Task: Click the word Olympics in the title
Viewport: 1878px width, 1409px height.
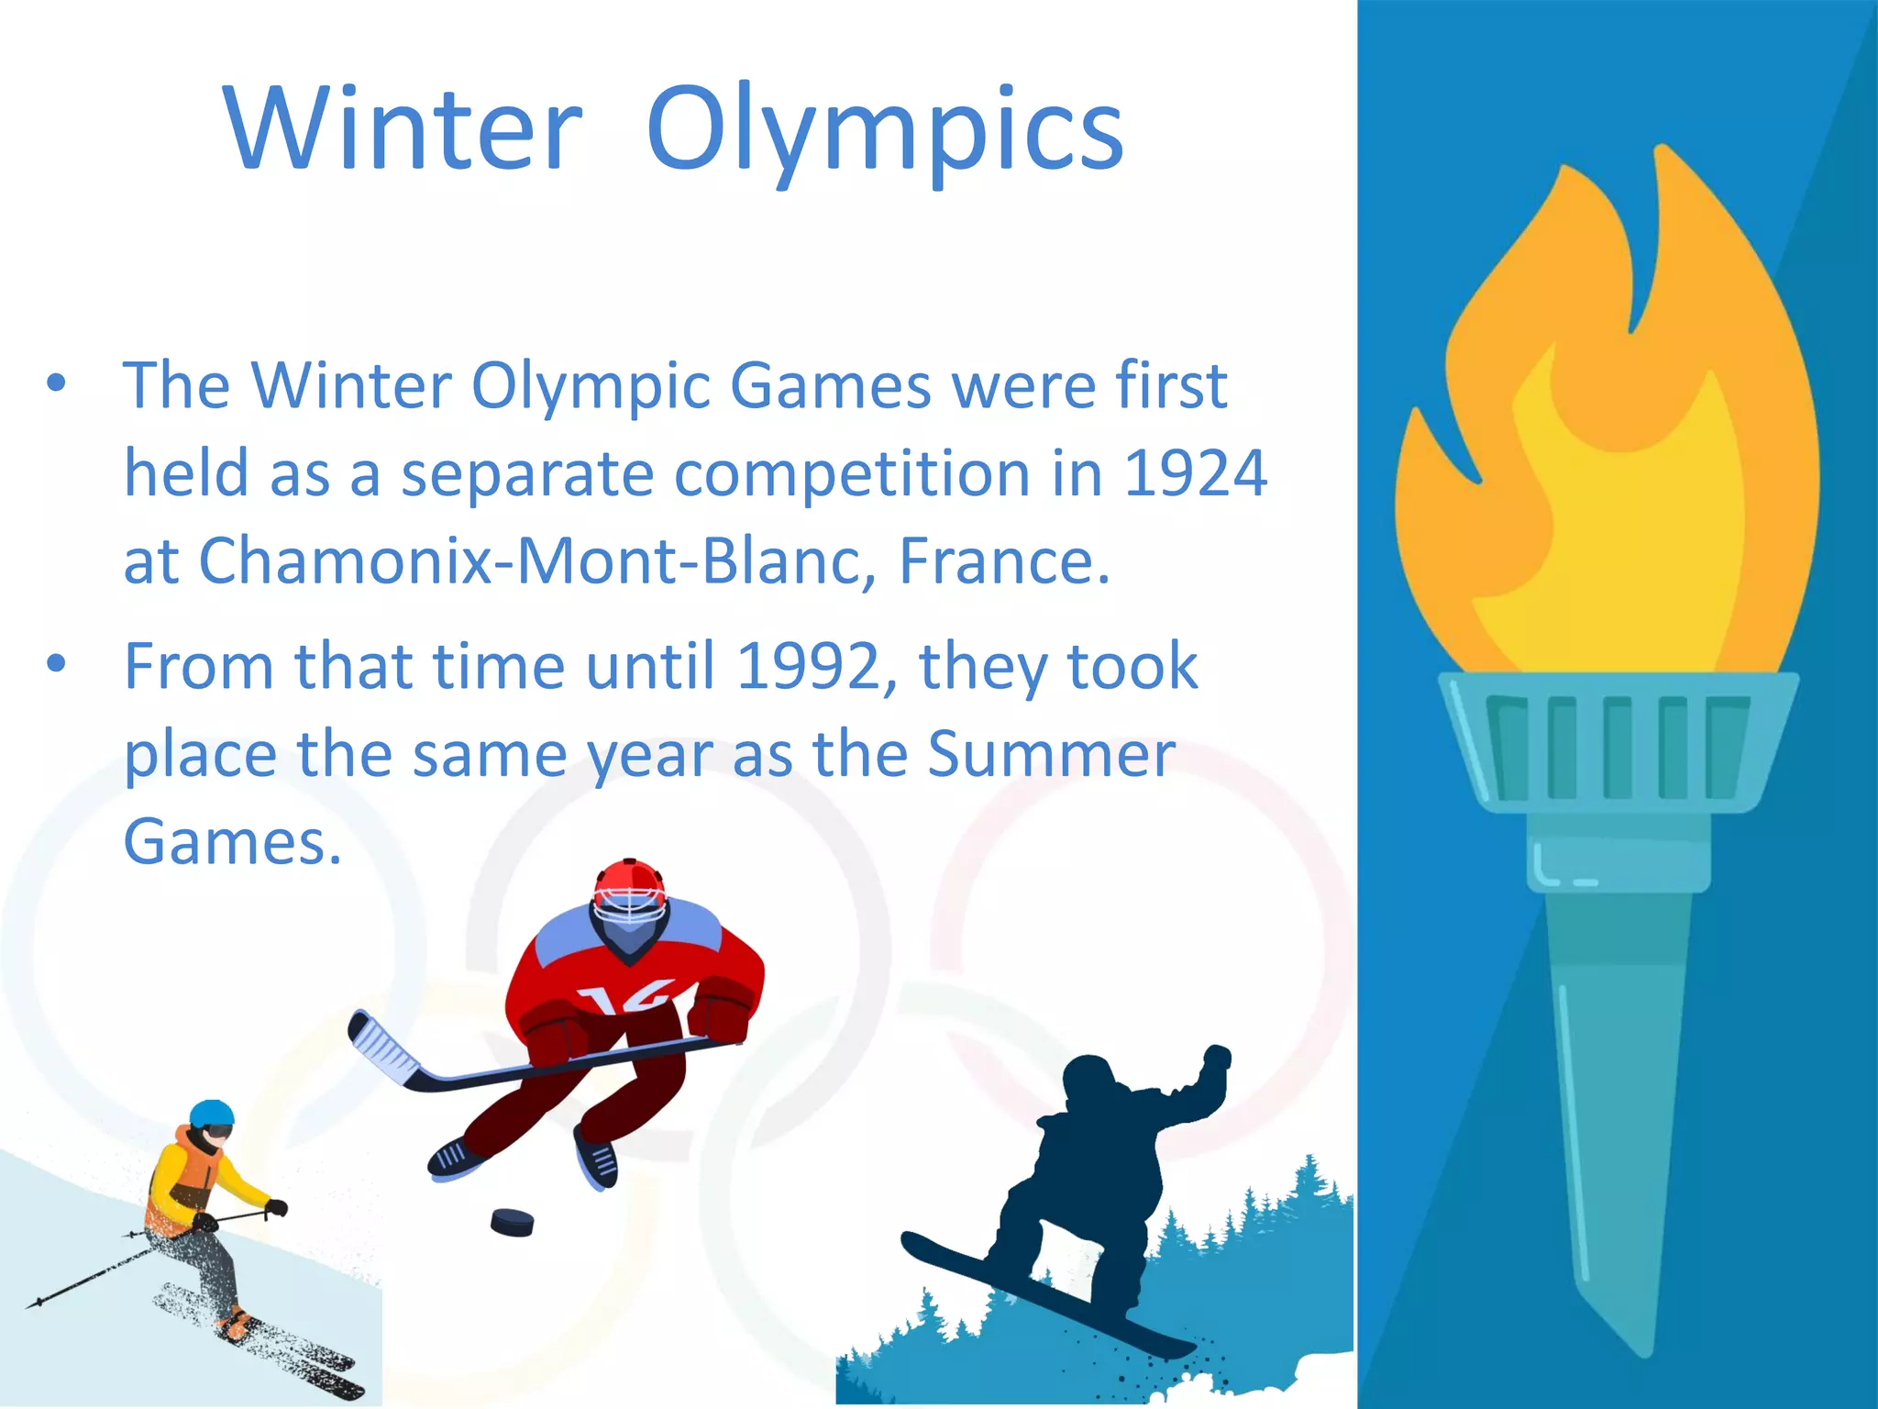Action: (x=884, y=133)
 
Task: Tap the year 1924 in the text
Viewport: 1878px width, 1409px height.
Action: (x=1195, y=474)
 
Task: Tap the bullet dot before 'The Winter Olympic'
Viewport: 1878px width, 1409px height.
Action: (x=57, y=384)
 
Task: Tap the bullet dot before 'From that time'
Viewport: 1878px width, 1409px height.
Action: (x=57, y=664)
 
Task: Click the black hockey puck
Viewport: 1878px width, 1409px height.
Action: (x=512, y=1222)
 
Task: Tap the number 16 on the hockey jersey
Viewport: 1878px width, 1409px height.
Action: (x=633, y=998)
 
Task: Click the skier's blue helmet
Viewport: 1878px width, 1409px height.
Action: (x=212, y=1113)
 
